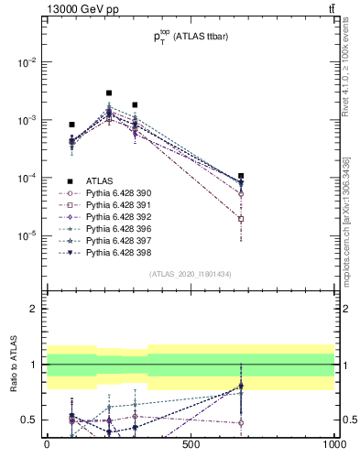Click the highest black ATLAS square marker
click(109, 93)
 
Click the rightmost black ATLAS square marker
click(241, 176)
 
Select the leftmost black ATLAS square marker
click(71, 125)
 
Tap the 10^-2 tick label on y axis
click(28, 62)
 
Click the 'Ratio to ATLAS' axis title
click(13, 364)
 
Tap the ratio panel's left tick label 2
click(33, 309)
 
